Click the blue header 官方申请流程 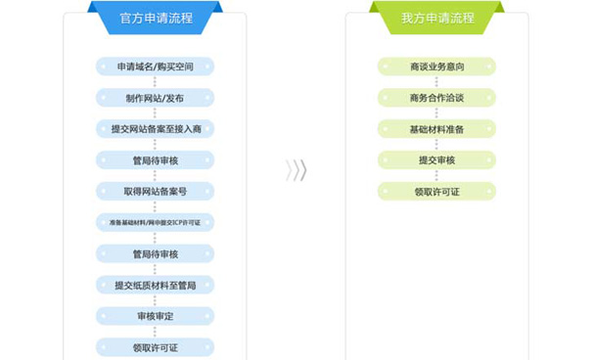pyautogui.click(x=155, y=18)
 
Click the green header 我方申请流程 pyautogui.click(x=436, y=18)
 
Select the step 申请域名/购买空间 pyautogui.click(x=156, y=67)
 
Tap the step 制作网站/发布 pyautogui.click(x=156, y=98)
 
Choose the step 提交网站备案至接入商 pyautogui.click(x=156, y=129)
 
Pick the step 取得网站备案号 pyautogui.click(x=156, y=191)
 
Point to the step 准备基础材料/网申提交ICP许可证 pyautogui.click(x=156, y=222)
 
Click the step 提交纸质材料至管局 pyautogui.click(x=156, y=285)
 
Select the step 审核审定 pyautogui.click(x=156, y=316)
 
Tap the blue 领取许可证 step pyautogui.click(x=156, y=347)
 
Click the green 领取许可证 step pyautogui.click(x=436, y=191)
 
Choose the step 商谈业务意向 pyautogui.click(x=436, y=67)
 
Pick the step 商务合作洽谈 pyautogui.click(x=436, y=98)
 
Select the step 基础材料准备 pyautogui.click(x=436, y=129)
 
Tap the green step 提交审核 pyautogui.click(x=436, y=160)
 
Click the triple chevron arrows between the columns pyautogui.click(x=296, y=170)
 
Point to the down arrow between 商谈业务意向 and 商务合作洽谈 pyautogui.click(x=436, y=82)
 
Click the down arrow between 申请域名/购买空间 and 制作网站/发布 pyautogui.click(x=156, y=82)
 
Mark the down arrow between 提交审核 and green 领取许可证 pyautogui.click(x=436, y=176)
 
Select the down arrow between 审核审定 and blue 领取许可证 pyautogui.click(x=156, y=332)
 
